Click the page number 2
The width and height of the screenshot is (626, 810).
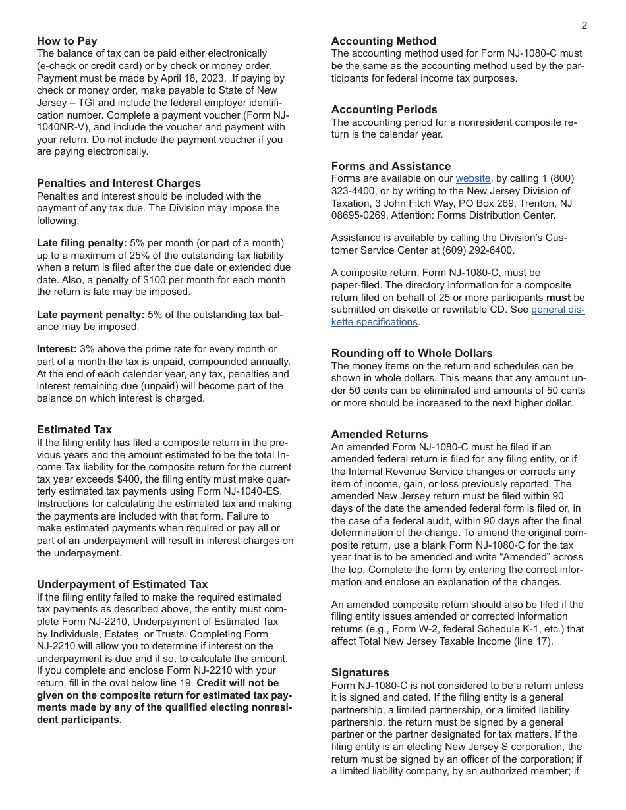(584, 26)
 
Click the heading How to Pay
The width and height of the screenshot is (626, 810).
(67, 41)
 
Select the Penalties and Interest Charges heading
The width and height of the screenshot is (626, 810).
(119, 183)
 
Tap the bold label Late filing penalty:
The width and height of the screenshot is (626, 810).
(82, 243)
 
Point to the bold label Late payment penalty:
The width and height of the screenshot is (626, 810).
(90, 315)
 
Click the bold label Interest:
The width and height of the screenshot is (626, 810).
(57, 349)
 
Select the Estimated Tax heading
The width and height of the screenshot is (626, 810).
(74, 429)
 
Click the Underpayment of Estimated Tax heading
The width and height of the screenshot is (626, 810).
(122, 584)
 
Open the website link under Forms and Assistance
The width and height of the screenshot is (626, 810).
(472, 178)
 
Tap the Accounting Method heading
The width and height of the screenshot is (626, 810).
(384, 41)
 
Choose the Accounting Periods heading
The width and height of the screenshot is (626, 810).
(384, 109)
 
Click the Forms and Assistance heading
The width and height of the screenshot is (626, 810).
(391, 166)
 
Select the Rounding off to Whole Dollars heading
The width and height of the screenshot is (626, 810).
(412, 353)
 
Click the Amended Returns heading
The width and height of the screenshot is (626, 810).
(380, 434)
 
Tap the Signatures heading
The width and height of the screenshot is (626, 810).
(360, 672)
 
